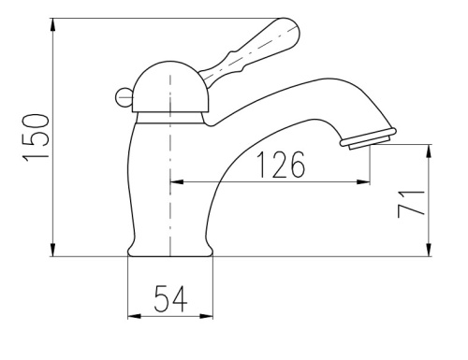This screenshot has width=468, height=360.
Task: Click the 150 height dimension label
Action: tap(36, 137)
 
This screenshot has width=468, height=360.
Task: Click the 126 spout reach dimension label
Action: tap(281, 165)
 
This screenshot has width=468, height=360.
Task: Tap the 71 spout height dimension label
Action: tap(412, 204)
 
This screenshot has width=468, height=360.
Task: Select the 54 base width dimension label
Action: tap(170, 298)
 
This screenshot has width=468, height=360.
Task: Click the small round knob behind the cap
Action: tap(124, 97)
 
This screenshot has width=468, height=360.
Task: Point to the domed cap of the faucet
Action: tap(170, 86)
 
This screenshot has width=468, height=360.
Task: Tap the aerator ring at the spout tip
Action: tap(368, 138)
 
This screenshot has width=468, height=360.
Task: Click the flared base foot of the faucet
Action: tap(170, 250)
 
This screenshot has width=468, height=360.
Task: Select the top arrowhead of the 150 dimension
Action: tap(53, 25)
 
